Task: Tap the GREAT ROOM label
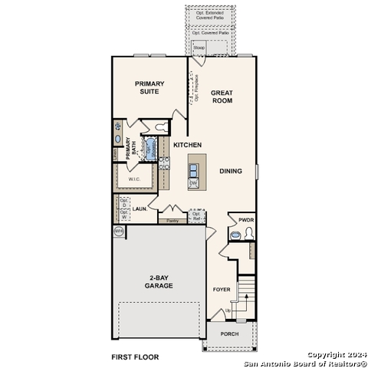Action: tap(222, 97)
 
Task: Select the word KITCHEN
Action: tap(187, 145)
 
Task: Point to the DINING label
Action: tap(231, 172)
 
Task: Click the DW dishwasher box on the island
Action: tap(193, 183)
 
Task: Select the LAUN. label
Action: tap(140, 208)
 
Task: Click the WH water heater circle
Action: tap(119, 230)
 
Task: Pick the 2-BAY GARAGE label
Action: tap(160, 281)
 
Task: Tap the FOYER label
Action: tap(222, 289)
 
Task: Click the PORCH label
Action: tap(229, 333)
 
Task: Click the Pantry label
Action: tap(172, 220)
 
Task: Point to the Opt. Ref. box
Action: tap(196, 215)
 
